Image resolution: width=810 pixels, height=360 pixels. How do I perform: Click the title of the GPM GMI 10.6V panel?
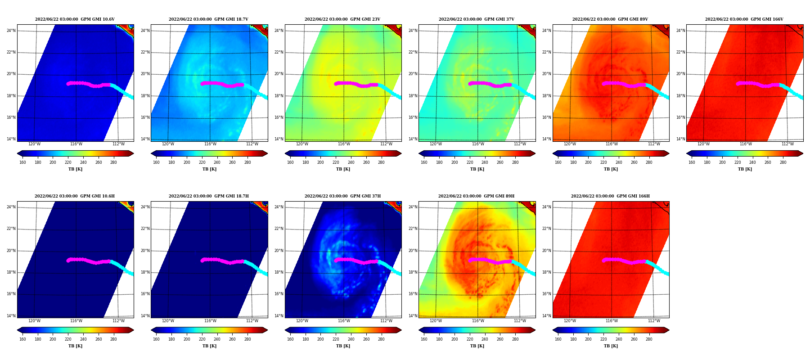pyautogui.click(x=75, y=19)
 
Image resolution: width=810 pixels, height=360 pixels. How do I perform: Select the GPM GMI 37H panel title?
pyautogui.click(x=342, y=196)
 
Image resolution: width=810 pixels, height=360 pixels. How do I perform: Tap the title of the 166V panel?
pyautogui.click(x=744, y=19)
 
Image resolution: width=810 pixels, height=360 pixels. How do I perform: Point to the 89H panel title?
pyautogui.click(x=477, y=196)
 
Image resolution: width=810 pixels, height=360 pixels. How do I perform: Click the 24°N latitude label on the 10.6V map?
pyautogui.click(x=11, y=31)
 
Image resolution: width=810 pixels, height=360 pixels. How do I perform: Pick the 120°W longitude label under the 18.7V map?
pyautogui.click(x=168, y=144)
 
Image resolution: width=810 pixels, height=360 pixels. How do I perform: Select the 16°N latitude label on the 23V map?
pyautogui.click(x=279, y=117)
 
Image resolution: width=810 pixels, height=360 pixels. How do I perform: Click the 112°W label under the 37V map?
pyautogui.click(x=520, y=144)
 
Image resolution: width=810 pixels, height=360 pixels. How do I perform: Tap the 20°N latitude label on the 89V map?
pyautogui.click(x=547, y=74)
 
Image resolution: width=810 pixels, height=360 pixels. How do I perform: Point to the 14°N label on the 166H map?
pyautogui.click(x=547, y=316)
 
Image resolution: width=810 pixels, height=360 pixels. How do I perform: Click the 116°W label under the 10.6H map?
pyautogui.click(x=76, y=321)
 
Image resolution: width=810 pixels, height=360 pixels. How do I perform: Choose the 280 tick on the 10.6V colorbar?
pyautogui.click(x=113, y=162)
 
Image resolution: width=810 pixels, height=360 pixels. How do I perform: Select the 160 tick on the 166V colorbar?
pyautogui.click(x=692, y=162)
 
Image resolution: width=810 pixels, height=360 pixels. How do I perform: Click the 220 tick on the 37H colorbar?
pyautogui.click(x=336, y=339)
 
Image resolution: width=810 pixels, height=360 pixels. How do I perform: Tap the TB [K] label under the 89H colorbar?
pyautogui.click(x=477, y=346)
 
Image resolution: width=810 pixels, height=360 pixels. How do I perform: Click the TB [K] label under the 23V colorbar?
pyautogui.click(x=343, y=169)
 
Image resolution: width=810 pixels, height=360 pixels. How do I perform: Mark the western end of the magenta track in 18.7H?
pyautogui.click(x=202, y=261)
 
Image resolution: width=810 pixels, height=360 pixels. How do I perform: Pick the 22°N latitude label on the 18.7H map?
pyautogui.click(x=145, y=229)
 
